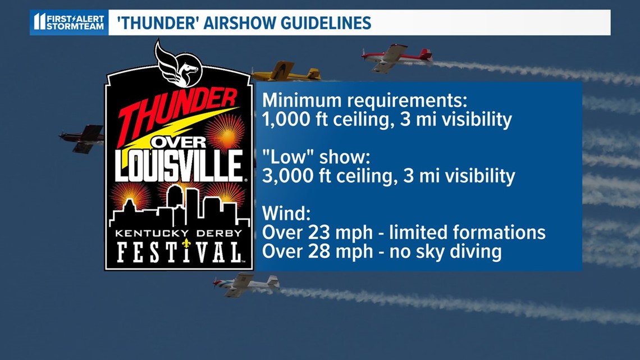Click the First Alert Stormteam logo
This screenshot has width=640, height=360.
click(69, 22)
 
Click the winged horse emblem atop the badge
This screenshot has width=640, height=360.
click(178, 63)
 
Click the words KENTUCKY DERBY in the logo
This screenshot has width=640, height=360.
click(179, 234)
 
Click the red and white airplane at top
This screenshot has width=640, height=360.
click(396, 57)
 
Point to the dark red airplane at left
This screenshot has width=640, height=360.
click(81, 138)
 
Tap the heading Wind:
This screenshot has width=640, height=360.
click(286, 213)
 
